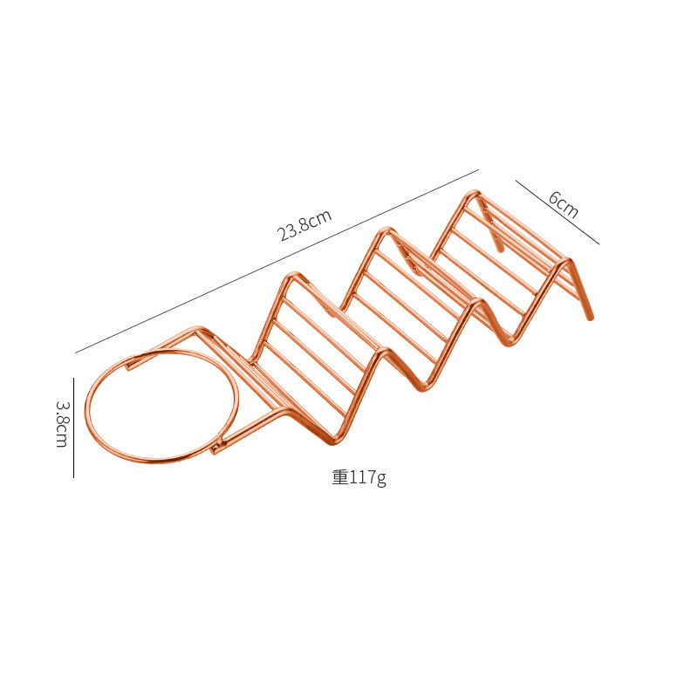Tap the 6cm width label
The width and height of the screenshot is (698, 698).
click(x=564, y=204)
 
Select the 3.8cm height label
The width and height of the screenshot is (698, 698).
click(x=62, y=424)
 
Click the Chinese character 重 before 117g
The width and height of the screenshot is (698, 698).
click(x=339, y=477)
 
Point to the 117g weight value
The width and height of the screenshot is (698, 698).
click(x=367, y=477)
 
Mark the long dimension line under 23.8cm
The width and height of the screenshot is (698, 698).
click(x=277, y=261)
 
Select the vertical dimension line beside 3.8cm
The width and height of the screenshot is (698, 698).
click(x=74, y=428)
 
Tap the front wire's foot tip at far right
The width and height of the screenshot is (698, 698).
click(x=591, y=318)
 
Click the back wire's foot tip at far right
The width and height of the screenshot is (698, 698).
click(x=500, y=250)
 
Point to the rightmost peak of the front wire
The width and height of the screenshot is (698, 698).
click(x=568, y=261)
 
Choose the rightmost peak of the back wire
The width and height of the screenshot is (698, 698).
click(x=474, y=194)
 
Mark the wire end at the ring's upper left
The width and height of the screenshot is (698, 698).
click(x=128, y=367)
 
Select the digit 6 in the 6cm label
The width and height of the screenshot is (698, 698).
click(x=554, y=198)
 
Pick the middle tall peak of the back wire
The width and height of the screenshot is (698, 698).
click(x=385, y=231)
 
